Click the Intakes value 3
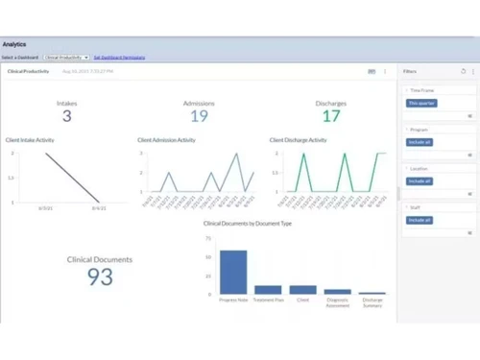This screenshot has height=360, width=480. pos(66,116)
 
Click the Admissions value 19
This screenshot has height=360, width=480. pos(199,116)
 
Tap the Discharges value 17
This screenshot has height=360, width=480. pos(331,116)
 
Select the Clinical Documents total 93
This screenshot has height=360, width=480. pos(100,277)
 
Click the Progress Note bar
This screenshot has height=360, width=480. pos(233,272)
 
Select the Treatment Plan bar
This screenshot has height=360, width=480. pos(268,289)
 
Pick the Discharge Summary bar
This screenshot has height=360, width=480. pos(372,293)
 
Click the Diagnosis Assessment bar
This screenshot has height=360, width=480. pos(337,291)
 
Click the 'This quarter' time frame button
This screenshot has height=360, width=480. pos(420,103)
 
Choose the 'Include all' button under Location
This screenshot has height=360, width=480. pos(420,180)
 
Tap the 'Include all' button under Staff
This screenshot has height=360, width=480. pos(420,220)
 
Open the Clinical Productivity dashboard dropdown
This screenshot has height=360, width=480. pos(66,58)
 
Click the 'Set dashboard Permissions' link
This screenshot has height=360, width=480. pos(119,58)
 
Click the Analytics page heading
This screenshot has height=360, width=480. pos(14,44)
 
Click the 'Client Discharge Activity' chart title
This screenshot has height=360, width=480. pos(298,140)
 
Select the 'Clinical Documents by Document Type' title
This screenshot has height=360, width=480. pos(248,224)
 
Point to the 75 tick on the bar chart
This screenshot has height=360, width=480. pos(208,238)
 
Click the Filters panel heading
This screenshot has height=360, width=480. pos(410,71)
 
